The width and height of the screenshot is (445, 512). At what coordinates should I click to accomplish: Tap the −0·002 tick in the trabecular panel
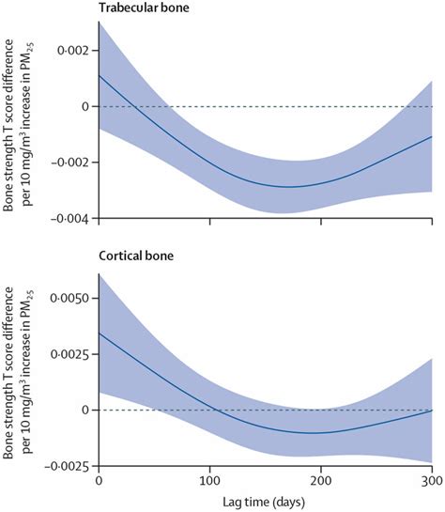(x=69, y=163)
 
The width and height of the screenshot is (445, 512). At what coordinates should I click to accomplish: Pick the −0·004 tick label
(x=69, y=219)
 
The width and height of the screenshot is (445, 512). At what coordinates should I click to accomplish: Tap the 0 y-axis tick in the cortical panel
(x=84, y=411)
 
